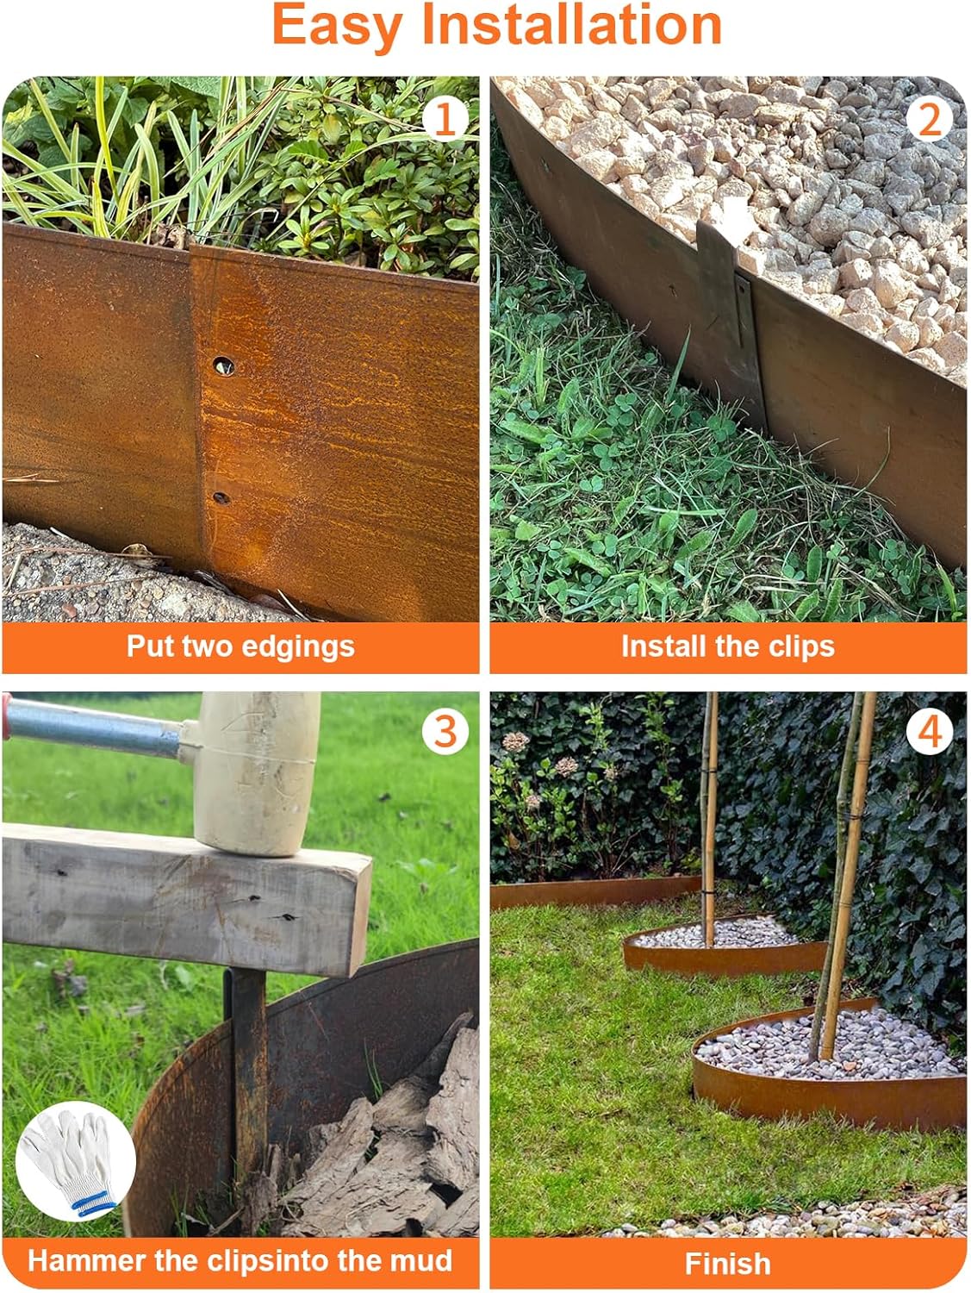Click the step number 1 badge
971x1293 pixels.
[445, 119]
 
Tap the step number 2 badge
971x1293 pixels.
[929, 119]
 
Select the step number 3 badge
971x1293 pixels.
[445, 732]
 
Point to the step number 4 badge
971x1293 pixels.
[929, 732]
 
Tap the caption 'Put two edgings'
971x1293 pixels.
[240, 646]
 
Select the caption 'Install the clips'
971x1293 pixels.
[727, 646]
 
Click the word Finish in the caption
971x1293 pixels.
[727, 1264]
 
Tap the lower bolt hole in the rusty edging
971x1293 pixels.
[221, 498]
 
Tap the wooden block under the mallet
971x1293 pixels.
[181, 896]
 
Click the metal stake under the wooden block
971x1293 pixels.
[249, 1077]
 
